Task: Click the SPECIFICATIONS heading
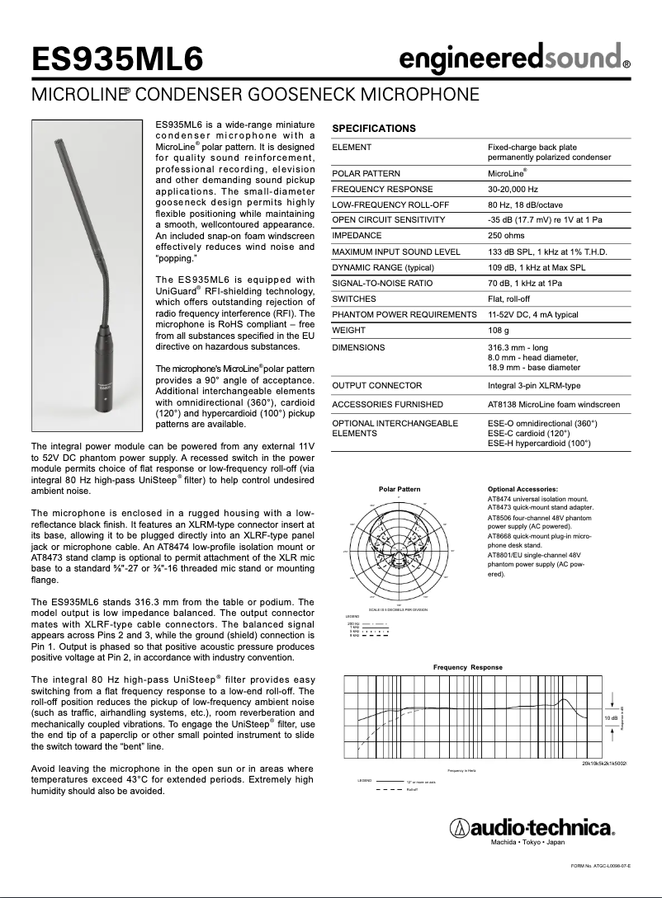(373, 129)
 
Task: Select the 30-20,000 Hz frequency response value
(518, 189)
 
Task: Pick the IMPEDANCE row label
(357, 235)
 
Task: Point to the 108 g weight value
(499, 330)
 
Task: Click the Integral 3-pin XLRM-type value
(534, 385)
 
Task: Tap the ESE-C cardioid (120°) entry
(528, 433)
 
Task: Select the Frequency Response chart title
(467, 666)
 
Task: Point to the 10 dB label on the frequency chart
(610, 718)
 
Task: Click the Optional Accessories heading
(523, 489)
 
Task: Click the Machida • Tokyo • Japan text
(528, 844)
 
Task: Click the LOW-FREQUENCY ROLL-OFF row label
(378, 205)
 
